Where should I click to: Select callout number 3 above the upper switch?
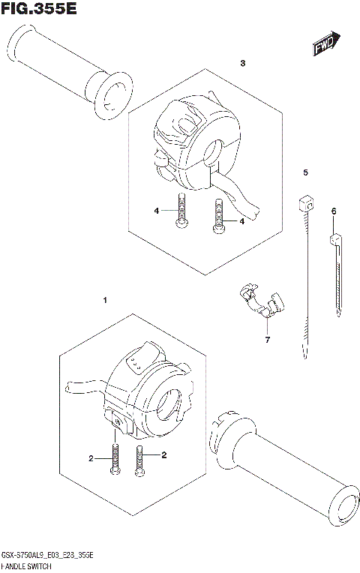242,64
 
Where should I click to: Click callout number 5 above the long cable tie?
305,173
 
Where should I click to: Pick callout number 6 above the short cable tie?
333,212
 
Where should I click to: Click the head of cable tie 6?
334,241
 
